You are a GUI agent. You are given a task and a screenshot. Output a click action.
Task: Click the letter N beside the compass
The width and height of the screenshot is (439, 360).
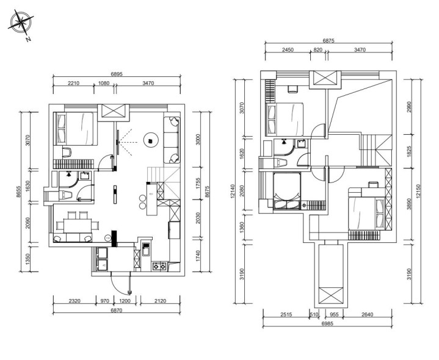tap(28, 39)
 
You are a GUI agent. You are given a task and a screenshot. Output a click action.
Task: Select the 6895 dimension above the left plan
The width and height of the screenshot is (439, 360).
tap(117, 74)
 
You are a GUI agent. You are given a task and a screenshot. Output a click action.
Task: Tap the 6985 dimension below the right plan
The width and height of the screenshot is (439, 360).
tap(327, 323)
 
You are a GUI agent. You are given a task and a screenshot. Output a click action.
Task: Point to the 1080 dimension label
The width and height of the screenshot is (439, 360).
tap(104, 83)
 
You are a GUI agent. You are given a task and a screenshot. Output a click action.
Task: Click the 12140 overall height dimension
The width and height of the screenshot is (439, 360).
tap(232, 191)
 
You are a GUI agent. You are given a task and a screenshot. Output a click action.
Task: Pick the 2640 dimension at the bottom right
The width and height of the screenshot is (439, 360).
tap(368, 314)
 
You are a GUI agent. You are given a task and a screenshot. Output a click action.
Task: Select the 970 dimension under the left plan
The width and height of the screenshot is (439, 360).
tap(104, 301)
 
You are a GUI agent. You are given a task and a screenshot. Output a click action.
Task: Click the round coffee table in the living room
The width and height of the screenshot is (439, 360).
tap(151, 139)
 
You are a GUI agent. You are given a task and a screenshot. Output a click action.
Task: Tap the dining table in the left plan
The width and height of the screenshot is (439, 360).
tap(78, 226)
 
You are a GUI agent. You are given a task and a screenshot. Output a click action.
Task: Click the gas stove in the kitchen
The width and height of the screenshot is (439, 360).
tap(159, 266)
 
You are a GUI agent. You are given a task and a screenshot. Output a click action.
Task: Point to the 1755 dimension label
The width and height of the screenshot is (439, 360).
tap(198, 184)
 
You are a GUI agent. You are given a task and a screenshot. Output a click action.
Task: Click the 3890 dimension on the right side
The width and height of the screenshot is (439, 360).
tap(409, 204)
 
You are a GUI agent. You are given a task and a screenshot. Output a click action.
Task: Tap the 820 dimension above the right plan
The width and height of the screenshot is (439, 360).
tap(317, 50)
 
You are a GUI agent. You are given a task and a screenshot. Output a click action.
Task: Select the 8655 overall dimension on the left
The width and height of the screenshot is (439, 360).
tap(18, 192)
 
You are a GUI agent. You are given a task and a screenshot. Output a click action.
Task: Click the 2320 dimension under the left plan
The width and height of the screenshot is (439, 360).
tap(74, 301)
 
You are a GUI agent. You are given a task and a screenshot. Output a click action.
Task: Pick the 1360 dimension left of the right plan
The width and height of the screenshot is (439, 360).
tap(242, 227)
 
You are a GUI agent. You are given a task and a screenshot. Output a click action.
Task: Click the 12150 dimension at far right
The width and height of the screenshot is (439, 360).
tap(418, 192)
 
